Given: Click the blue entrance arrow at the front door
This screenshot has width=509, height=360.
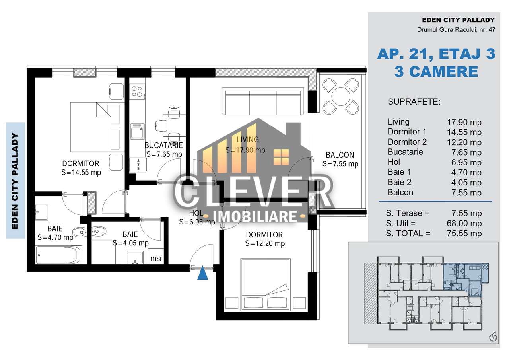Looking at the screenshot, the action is pyautogui.click(x=202, y=273).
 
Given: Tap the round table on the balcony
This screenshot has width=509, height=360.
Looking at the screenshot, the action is pyautogui.click(x=341, y=96).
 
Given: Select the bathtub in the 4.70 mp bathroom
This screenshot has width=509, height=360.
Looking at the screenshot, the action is pyautogui.click(x=58, y=255).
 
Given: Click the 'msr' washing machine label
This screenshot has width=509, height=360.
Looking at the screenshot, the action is pyautogui.click(x=156, y=259).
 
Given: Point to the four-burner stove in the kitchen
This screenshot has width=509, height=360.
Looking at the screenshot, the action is pyautogui.click(x=137, y=91).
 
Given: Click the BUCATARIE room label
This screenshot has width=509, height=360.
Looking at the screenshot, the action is pyautogui.click(x=163, y=145).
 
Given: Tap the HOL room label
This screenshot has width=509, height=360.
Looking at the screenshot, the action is pyautogui.click(x=196, y=213).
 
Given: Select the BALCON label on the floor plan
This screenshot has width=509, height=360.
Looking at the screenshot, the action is pyautogui.click(x=340, y=155).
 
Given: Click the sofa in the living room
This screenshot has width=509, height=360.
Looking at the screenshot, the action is pyautogui.click(x=263, y=101).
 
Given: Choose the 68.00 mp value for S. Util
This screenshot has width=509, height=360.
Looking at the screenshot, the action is pyautogui.click(x=464, y=223).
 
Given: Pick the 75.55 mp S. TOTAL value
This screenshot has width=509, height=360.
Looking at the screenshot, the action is pyautogui.click(x=464, y=234).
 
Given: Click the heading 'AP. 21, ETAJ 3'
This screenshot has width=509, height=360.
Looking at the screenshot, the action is pyautogui.click(x=436, y=54).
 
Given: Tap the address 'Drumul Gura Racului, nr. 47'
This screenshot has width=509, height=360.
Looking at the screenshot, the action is pyautogui.click(x=456, y=29).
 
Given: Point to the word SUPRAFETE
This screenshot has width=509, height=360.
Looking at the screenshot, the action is pyautogui.click(x=414, y=102).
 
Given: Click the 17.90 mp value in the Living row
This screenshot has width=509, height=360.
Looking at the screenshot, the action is pyautogui.click(x=464, y=122).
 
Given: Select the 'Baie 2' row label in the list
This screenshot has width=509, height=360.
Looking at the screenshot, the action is pyautogui.click(x=399, y=182).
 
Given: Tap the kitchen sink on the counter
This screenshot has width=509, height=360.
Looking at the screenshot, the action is pyautogui.click(x=137, y=131).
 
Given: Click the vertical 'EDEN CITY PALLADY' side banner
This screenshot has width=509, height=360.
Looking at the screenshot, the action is pyautogui.click(x=15, y=181).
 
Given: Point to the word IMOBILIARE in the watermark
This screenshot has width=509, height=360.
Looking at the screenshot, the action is pyautogui.click(x=255, y=216).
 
